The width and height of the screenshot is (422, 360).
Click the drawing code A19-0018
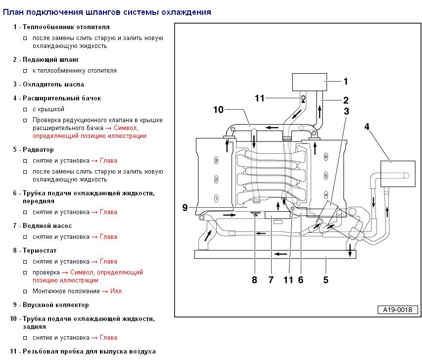(397, 310)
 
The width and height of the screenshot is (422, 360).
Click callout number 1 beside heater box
(346, 81)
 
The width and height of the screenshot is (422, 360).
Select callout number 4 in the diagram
(367, 126)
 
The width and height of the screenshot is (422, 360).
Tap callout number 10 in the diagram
(219, 109)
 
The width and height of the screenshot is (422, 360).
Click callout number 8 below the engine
(254, 280)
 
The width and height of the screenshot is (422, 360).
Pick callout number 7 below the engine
(271, 280)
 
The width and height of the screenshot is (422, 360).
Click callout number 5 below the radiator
(326, 280)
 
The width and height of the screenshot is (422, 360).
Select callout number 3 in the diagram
(347, 111)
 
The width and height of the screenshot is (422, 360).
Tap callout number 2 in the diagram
(346, 99)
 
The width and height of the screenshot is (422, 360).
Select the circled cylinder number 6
(326, 156)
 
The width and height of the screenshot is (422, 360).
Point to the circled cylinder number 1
(216, 197)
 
